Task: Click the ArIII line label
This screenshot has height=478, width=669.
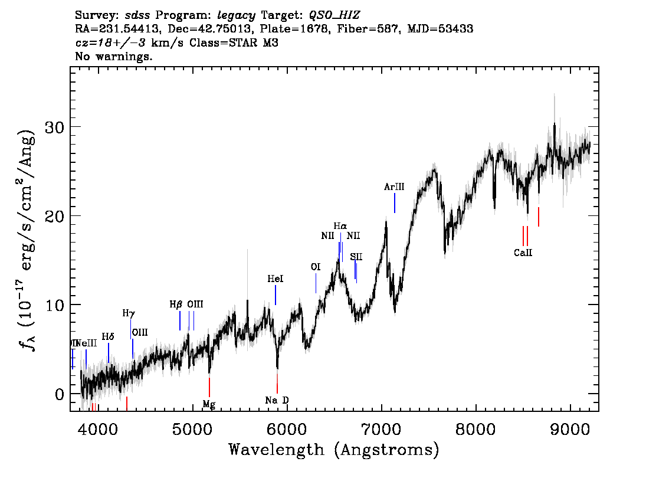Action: (394, 187)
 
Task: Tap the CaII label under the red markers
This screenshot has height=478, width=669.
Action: (523, 253)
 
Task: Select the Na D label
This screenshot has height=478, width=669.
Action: (277, 400)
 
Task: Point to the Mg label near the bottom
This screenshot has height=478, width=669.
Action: (209, 404)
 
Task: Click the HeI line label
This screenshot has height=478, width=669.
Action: (276, 279)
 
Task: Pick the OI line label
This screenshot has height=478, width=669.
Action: (316, 267)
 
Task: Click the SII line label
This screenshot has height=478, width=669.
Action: (356, 257)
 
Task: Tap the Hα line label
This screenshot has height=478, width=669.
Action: (340, 226)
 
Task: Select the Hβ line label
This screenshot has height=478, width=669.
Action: (176, 305)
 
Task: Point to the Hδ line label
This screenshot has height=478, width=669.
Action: (108, 336)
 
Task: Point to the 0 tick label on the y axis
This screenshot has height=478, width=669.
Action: (59, 394)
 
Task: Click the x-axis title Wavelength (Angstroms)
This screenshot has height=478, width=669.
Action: (334, 450)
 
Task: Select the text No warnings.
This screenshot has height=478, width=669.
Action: (114, 57)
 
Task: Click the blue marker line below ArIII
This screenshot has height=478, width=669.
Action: (394, 203)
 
